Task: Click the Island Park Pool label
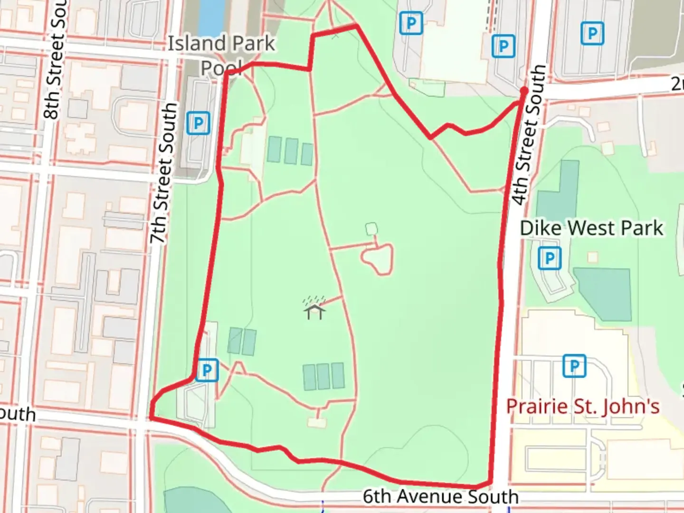(x=221, y=55)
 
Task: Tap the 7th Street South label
(x=164, y=173)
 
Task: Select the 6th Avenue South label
(x=441, y=496)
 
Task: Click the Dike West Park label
(x=591, y=228)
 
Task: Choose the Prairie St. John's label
(x=582, y=407)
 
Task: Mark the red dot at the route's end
(x=524, y=90)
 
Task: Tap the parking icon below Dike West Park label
(x=550, y=258)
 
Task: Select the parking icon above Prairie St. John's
(x=574, y=366)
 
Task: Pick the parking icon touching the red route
(x=207, y=370)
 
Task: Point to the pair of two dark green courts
(x=242, y=341)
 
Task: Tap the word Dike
(x=541, y=228)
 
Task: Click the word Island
(x=195, y=44)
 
